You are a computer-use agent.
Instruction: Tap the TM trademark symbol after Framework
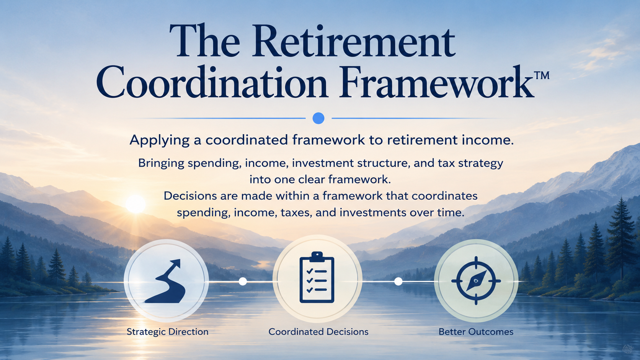tap(541, 75)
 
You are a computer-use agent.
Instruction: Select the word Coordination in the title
tap(212, 82)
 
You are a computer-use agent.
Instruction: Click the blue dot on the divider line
tap(318, 118)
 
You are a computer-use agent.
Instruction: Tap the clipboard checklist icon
tap(317, 277)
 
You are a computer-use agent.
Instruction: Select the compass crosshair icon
tap(476, 281)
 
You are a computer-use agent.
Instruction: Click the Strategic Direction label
tap(167, 332)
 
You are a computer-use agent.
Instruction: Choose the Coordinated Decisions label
tap(318, 332)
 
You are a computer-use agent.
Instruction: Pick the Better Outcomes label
tap(476, 332)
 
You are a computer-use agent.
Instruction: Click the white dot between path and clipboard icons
tap(243, 282)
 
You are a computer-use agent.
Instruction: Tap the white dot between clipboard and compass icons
tap(398, 282)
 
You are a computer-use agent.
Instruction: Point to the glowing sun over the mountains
tap(136, 204)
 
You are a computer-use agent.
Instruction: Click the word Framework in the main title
tap(436, 82)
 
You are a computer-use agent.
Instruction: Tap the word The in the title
tap(204, 41)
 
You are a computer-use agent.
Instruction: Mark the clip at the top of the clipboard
tap(317, 256)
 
